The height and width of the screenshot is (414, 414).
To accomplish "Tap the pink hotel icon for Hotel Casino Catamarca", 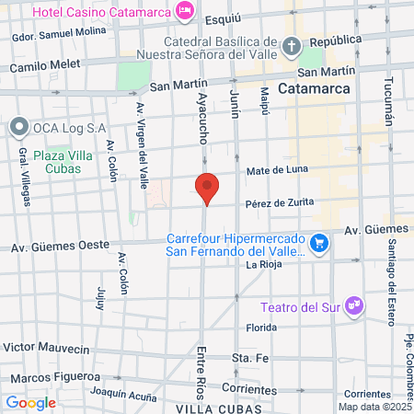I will pyautogui.click(x=186, y=10).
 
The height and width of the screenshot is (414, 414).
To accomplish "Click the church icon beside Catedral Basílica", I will pyautogui.click(x=291, y=46).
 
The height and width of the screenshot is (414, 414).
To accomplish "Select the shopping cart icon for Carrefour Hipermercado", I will pyautogui.click(x=318, y=243).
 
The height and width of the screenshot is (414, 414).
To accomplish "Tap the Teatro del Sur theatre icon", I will pyautogui.click(x=354, y=307).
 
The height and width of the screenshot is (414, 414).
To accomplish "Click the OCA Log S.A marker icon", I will pyautogui.click(x=18, y=127).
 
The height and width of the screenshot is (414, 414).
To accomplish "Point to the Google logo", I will pyautogui.click(x=30, y=402).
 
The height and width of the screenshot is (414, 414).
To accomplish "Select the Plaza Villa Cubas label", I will pyautogui.click(x=63, y=163).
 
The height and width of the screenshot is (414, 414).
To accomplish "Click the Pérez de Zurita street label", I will pyautogui.click(x=280, y=202).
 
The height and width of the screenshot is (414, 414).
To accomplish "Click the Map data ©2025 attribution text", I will pyautogui.click(x=374, y=407).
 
